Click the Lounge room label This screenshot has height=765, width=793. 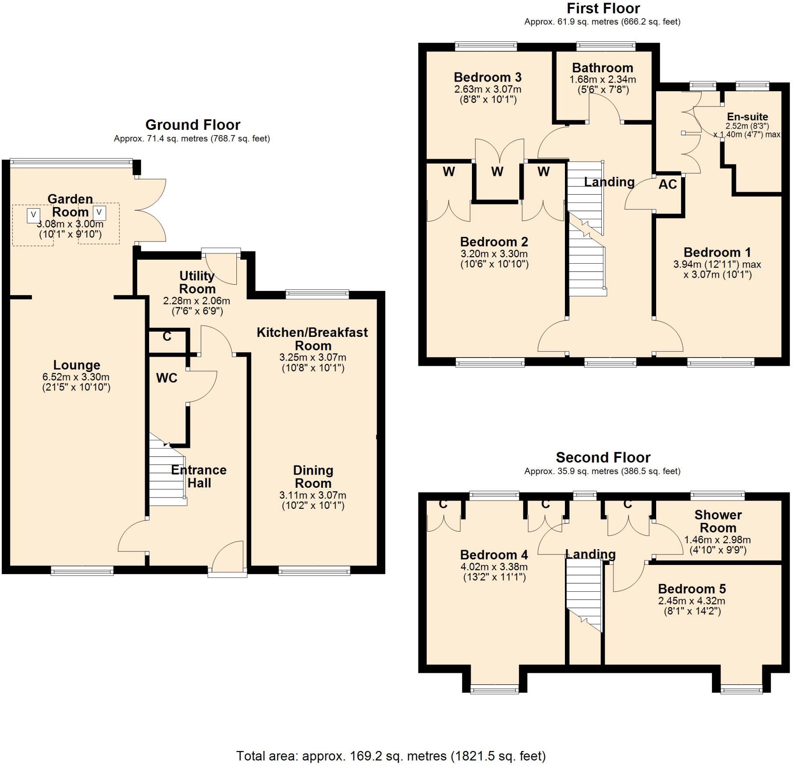pyautogui.click(x=77, y=365)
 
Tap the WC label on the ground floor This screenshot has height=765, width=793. pyautogui.click(x=167, y=378)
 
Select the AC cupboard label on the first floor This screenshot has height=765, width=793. pyautogui.click(x=668, y=184)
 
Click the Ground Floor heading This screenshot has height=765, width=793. pyautogui.click(x=193, y=125)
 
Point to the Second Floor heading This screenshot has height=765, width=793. pyautogui.click(x=603, y=458)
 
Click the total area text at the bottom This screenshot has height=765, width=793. pyautogui.click(x=391, y=756)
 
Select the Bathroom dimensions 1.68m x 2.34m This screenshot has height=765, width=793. pyautogui.click(x=603, y=80)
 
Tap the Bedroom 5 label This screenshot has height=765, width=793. pyautogui.click(x=692, y=589)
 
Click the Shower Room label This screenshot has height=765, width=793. pyautogui.click(x=718, y=521)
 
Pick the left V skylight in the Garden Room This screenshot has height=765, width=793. pyautogui.click(x=33, y=215)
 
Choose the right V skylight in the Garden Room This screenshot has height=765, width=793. pyautogui.click(x=100, y=213)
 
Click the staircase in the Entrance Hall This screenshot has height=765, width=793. pyautogui.click(x=168, y=469)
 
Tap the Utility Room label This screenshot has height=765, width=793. pyautogui.click(x=197, y=282)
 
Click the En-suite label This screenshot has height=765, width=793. pyautogui.click(x=747, y=117)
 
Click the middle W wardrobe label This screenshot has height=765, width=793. pyautogui.click(x=497, y=172)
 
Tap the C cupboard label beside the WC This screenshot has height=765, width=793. pyautogui.click(x=167, y=336)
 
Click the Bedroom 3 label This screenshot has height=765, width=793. pyautogui.click(x=488, y=77)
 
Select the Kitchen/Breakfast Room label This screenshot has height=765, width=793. pyautogui.click(x=312, y=339)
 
